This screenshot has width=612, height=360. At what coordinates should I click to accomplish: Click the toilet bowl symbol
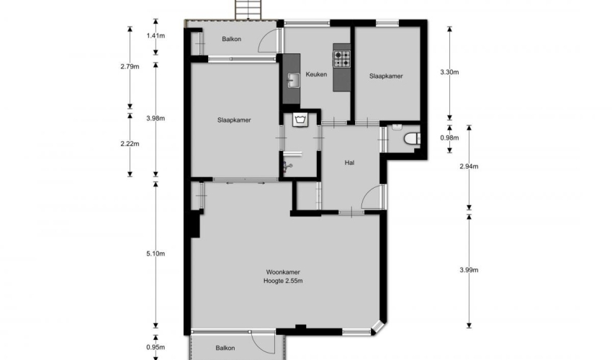pyautogui.click(x=412, y=139)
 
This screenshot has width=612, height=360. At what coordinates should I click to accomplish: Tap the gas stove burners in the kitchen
pyautogui.click(x=342, y=58)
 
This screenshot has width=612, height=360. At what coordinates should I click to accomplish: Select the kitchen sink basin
pyautogui.click(x=293, y=81)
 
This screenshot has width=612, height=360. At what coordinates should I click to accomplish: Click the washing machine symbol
pyautogui.click(x=300, y=120)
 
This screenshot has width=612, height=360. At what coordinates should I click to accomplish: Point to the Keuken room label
pyautogui.click(x=316, y=74)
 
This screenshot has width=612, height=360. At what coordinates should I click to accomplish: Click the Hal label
pyautogui.click(x=349, y=163)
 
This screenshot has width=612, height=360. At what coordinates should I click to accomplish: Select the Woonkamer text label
pyautogui.click(x=283, y=272)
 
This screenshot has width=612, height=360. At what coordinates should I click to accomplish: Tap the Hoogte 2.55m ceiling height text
pyautogui.click(x=283, y=281)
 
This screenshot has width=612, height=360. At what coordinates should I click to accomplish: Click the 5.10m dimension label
pyautogui.click(x=156, y=253)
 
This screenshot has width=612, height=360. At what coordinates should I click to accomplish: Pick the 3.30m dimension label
pyautogui.click(x=449, y=72)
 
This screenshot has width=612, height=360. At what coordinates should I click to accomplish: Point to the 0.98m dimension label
pyautogui.click(x=449, y=138)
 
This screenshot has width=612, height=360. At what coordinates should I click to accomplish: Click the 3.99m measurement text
pyautogui.click(x=469, y=270)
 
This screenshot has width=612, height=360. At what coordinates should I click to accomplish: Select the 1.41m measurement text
pyautogui.click(x=156, y=36)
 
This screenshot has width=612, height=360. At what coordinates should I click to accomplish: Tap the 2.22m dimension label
pyautogui.click(x=130, y=144)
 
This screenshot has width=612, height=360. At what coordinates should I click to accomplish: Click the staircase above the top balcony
pyautogui.click(x=248, y=9)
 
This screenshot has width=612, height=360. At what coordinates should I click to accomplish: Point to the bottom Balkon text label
pyautogui.click(x=225, y=348)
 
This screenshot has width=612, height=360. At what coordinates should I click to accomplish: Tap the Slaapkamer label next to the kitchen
pyautogui.click(x=386, y=76)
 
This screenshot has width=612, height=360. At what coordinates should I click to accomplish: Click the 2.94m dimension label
pyautogui.click(x=469, y=166)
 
